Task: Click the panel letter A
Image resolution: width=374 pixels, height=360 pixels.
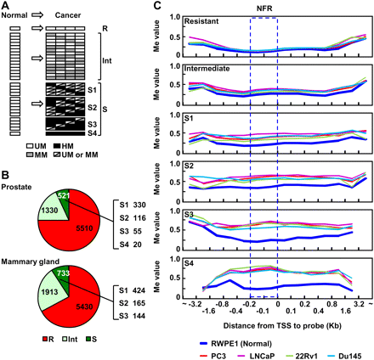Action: (x=6, y=6)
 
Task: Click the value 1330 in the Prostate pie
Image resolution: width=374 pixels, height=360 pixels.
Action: (x=28, y=185)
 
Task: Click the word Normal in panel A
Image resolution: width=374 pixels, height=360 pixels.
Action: (x=16, y=16)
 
